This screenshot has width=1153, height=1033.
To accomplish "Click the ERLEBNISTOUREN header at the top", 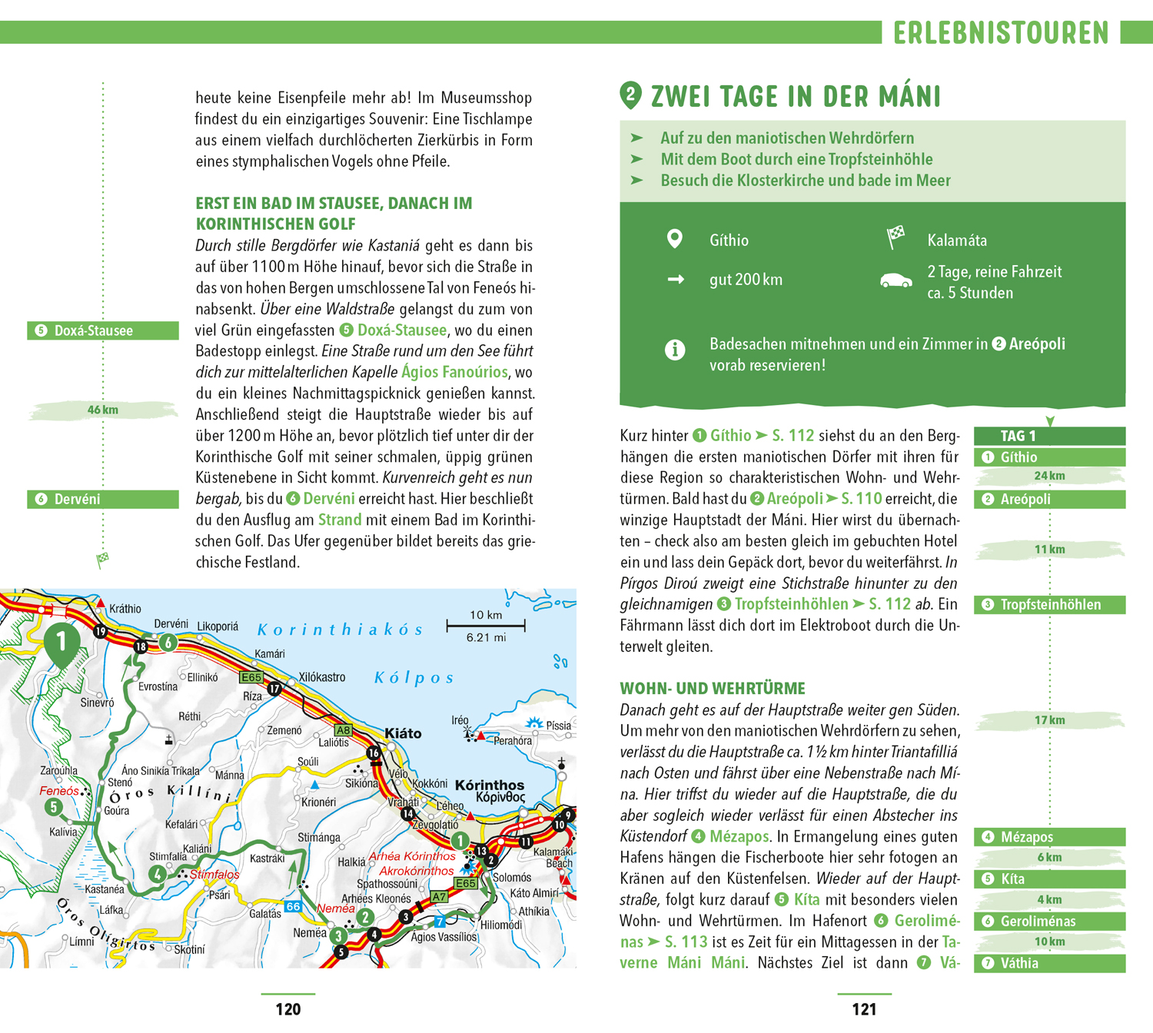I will (1001, 33).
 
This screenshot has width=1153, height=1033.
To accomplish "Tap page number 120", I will (288, 1009).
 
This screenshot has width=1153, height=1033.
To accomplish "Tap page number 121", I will (864, 1009).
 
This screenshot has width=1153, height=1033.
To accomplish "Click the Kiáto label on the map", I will (403, 733).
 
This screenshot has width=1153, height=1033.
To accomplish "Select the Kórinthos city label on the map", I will (490, 785).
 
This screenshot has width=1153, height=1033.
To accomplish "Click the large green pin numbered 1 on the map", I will (61, 643).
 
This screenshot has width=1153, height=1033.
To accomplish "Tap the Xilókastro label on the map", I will (322, 677).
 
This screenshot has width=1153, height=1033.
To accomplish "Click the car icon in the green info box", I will (895, 281).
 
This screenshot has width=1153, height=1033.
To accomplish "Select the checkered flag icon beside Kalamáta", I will (895, 237).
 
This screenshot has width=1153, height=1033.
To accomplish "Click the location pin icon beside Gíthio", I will (674, 239).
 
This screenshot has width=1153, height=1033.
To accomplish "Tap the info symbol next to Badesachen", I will (675, 350).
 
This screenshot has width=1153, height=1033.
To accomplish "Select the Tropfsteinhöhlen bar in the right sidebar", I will (1049, 605).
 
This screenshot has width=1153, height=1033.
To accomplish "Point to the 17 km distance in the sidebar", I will (1049, 720).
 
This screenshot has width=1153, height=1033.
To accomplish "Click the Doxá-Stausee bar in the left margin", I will (103, 331).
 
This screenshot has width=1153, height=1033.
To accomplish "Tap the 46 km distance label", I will (103, 410).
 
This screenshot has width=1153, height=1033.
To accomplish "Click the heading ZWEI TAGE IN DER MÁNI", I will (796, 97).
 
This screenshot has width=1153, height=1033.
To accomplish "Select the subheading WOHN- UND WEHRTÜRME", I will (713, 689).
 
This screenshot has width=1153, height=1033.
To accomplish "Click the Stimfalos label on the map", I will (214, 875).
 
